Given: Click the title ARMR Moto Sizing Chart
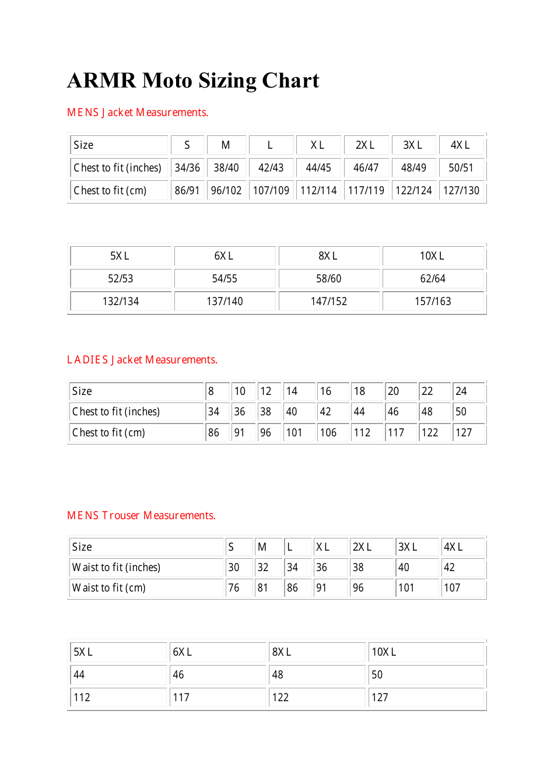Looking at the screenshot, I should (x=193, y=80).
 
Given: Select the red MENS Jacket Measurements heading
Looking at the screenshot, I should (x=137, y=113).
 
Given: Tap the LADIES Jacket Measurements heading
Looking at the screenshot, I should (x=142, y=360).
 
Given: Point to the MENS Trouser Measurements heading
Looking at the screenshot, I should (x=141, y=516).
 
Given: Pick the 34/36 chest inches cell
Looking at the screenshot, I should (x=187, y=168).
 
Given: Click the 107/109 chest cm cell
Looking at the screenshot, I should (x=271, y=191).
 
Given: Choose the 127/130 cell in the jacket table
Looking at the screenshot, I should (x=461, y=191).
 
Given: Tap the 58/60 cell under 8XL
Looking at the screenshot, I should (x=328, y=279).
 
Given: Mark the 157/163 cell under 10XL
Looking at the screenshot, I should (x=433, y=302).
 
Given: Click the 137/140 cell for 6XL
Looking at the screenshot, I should (x=225, y=302).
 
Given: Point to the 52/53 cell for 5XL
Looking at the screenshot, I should (x=121, y=279).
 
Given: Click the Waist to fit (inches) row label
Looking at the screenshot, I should (x=116, y=568).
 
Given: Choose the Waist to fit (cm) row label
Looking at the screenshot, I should (x=108, y=588).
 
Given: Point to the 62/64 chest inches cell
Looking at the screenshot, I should (x=433, y=279).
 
